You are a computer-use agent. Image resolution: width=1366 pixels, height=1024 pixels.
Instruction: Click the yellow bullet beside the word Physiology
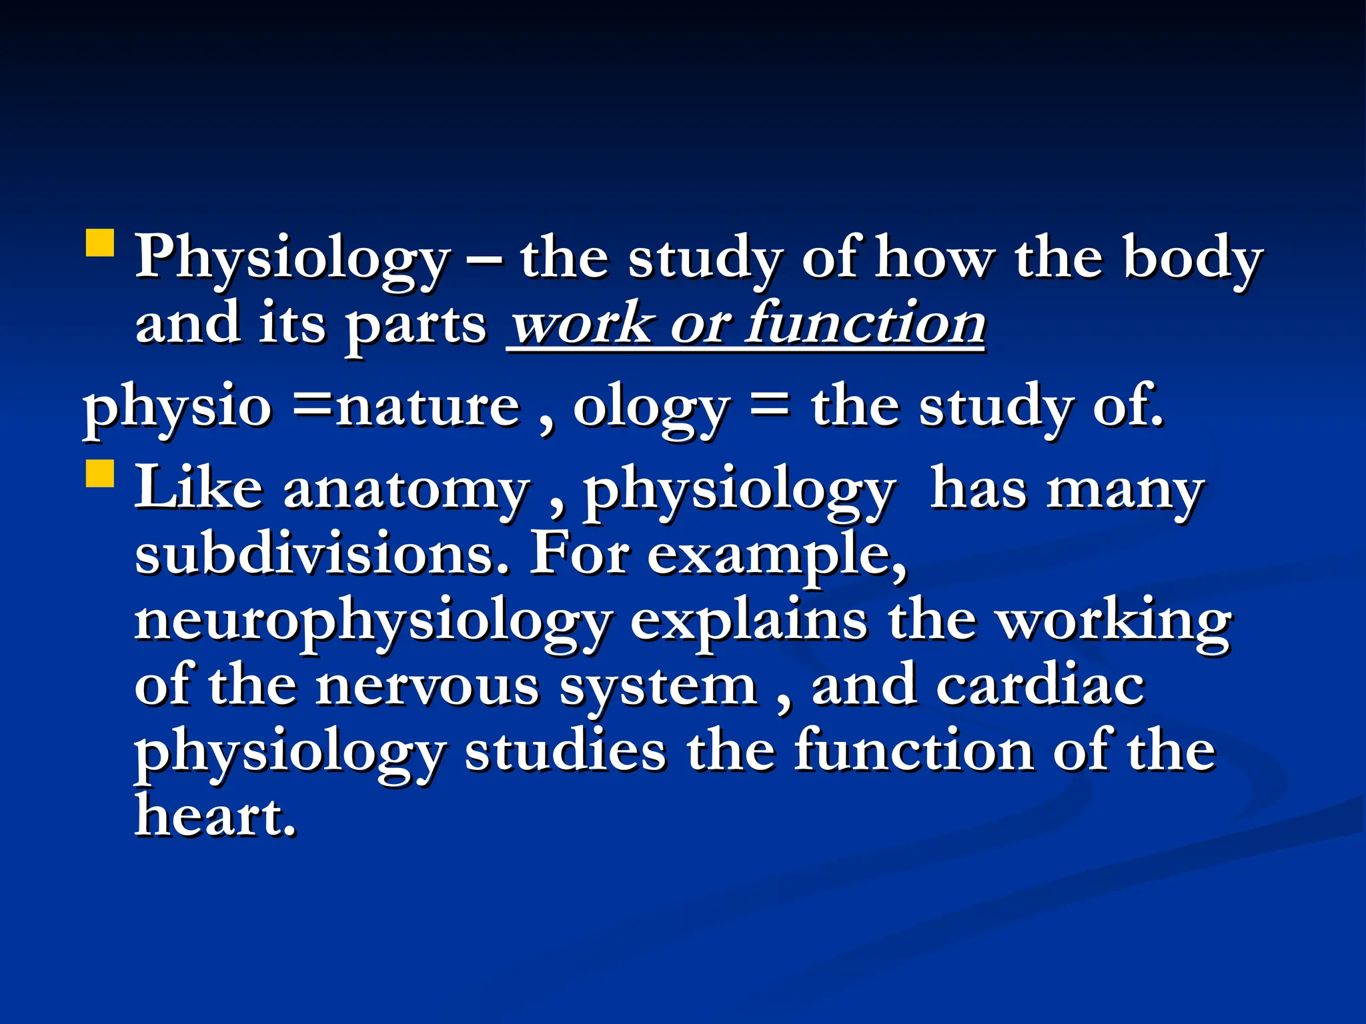click(100, 243)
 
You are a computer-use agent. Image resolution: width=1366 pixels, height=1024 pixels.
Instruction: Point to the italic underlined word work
click(580, 324)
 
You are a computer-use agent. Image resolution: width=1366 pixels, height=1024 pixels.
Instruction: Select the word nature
click(428, 407)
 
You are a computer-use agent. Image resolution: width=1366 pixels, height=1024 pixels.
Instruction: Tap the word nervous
click(428, 687)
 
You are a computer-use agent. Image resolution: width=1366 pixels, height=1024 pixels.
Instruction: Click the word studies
click(566, 752)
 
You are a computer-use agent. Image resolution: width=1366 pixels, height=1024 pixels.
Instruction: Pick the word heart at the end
click(215, 816)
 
